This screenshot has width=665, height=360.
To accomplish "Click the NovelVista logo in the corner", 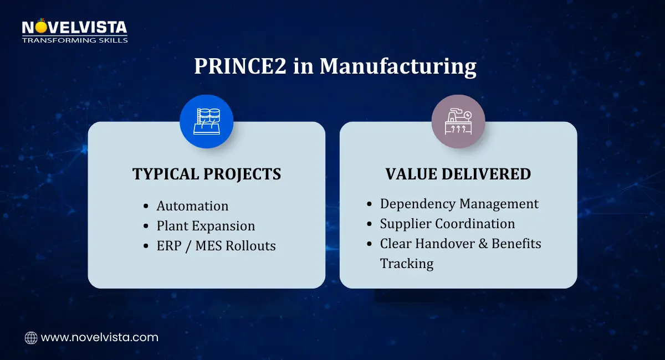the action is coord(74,30).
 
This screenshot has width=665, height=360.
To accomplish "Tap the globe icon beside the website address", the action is coord(31,338).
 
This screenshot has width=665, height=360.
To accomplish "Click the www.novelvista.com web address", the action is coord(99,337).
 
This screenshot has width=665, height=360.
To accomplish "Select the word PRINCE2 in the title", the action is coord(240,66).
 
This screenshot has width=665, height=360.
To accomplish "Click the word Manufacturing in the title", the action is coord(398,67).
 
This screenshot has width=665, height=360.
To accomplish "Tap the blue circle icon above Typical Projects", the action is coord(206,121).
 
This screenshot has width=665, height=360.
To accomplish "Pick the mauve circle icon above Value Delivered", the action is coord(458,121).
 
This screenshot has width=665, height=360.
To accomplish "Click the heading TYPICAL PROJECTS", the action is coord(207,174).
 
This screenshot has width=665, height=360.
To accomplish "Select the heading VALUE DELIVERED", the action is coord(458,174).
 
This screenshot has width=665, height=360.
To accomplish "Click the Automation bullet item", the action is coord(192,205).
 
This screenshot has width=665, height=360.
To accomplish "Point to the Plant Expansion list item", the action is coord(206,226).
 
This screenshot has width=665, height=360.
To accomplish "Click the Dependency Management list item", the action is coord(459,204).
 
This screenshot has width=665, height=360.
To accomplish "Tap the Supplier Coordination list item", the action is coord(447,224).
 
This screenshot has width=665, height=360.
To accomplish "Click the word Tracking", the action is coord(407,264).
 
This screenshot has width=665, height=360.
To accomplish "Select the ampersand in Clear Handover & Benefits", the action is coord(483,244).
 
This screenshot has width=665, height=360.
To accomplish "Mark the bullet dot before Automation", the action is coord(146,206).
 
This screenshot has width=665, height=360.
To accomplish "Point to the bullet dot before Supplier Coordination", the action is coord(369,224).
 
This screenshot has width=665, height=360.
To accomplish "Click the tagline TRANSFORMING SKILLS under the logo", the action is coord(75,40).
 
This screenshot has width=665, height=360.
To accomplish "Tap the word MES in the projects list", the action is coord(209,246).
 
